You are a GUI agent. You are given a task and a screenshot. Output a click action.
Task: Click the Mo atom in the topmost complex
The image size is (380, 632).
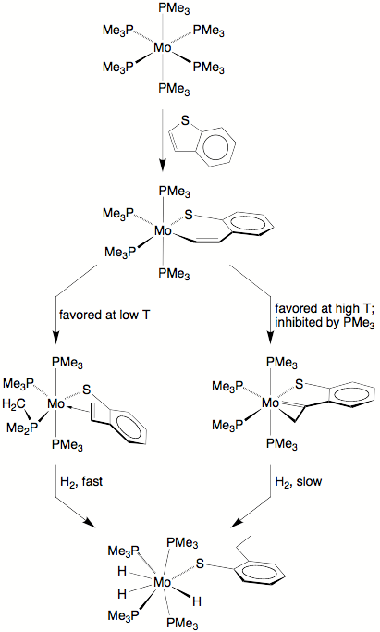pos(163,48)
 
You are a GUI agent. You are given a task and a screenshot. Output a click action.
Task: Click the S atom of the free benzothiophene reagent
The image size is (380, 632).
pos(185,120)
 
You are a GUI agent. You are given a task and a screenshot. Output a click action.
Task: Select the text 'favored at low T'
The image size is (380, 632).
pos(104,315)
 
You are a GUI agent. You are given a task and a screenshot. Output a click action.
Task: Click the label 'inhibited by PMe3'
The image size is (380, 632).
pos(325,324)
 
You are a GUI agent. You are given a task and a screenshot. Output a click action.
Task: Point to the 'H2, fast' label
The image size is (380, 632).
pos(81,482)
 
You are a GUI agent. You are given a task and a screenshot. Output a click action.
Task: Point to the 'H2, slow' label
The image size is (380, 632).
pos(299,482)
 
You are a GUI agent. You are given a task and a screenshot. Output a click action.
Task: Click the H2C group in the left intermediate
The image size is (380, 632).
pos(14,403)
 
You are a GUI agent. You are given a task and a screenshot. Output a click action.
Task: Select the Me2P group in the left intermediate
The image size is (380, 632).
pos(22,428)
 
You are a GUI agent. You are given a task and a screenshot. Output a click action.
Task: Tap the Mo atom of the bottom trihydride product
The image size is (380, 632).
pos(163,582)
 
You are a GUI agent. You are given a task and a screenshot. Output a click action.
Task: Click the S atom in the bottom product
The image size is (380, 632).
pos(200,564)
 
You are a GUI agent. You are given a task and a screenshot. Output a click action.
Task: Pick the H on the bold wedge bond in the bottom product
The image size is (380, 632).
pos(196,601)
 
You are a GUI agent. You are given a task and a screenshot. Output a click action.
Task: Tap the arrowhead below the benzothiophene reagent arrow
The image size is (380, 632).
pos(162,166)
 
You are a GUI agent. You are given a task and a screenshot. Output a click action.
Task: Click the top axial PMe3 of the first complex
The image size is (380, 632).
pos(174,9)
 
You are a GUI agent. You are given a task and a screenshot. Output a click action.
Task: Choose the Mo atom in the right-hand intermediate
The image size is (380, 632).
pos(270,403)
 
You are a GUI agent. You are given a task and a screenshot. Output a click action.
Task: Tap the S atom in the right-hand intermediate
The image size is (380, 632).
pos(299,384)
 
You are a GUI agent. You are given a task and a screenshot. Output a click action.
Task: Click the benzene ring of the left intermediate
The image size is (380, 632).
pos(128,428)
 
